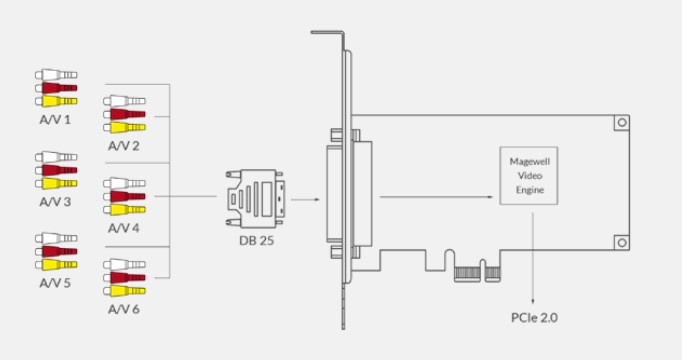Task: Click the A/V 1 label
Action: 56,119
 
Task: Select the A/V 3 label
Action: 56,202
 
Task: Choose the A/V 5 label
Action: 56,283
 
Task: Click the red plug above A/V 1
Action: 56,87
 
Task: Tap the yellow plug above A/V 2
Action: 124,127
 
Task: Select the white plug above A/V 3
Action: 56,157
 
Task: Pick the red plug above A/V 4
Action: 124,196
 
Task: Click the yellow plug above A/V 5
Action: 56,265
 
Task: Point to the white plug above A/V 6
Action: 124,264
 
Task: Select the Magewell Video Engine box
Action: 528,176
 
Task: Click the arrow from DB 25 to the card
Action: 304,198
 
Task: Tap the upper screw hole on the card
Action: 622,122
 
